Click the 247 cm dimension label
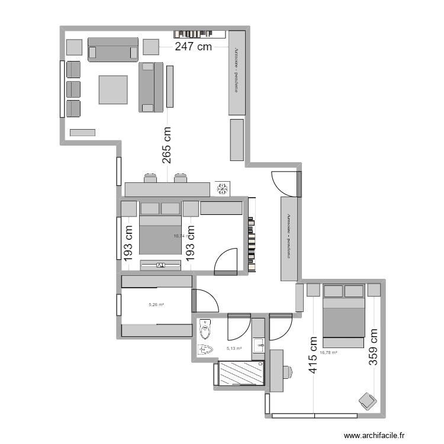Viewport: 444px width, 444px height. coord(193,48)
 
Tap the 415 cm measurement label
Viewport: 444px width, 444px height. coord(313,356)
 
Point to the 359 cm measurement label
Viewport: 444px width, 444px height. coord(374,348)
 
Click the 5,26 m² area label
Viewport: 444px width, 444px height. coord(156,305)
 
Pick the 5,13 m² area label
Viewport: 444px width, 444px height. coord(234,349)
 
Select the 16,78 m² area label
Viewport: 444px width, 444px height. coord(328,353)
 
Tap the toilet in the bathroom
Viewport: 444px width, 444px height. coord(205,327)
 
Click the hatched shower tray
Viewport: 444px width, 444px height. coord(240,374)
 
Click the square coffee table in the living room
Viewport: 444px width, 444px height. coord(113,89)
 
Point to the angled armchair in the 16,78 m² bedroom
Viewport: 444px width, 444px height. coord(368,400)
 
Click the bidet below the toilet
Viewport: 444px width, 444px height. coord(206,349)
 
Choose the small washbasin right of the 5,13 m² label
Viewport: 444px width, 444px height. coord(258,344)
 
